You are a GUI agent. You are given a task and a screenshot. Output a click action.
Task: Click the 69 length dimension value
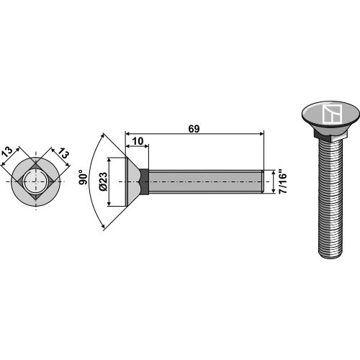click(x=194, y=129)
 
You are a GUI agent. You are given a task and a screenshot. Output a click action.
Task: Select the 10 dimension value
click(x=138, y=141)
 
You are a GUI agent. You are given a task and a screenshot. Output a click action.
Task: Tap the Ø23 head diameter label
click(x=104, y=181)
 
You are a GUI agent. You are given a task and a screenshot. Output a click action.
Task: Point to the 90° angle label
click(x=84, y=177)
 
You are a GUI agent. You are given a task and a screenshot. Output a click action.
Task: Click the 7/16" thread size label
click(x=283, y=182)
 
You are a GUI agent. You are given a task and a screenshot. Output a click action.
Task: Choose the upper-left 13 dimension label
click(x=7, y=153)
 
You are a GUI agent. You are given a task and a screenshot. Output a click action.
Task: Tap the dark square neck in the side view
click(x=144, y=181)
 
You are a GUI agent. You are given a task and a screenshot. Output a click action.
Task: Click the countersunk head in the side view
click(x=132, y=181)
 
